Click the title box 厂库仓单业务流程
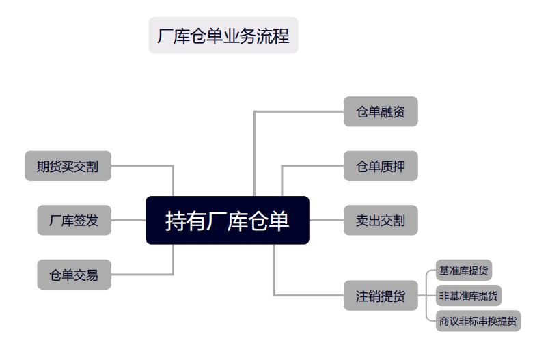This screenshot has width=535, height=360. tap(223, 36)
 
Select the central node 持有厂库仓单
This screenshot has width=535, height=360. tap(228, 220)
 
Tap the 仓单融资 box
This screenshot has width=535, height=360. tap(381, 111)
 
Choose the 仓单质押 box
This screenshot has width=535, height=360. tap(381, 166)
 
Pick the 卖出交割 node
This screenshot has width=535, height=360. tap(381, 220)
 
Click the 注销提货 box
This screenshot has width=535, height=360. tap(381, 296)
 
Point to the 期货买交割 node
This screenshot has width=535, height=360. tap(68, 166)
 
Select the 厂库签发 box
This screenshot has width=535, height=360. tap(74, 220)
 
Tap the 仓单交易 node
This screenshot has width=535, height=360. tap(74, 275)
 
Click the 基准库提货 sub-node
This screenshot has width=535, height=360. tap(465, 271)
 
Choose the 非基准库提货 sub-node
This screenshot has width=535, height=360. tap(469, 296)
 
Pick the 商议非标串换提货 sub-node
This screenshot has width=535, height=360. tap(478, 320)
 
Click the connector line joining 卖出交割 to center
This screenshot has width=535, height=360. tap(327, 220)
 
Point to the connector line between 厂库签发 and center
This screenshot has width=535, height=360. tap(128, 220)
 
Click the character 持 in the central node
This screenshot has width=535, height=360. tap(176, 221)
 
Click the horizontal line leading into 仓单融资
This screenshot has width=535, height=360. tap(301, 111)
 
